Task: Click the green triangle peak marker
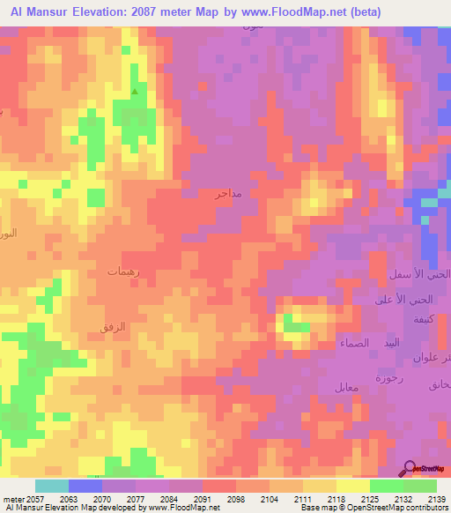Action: click(x=135, y=91)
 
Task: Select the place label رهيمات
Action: click(x=124, y=272)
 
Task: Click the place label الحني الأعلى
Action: click(x=410, y=300)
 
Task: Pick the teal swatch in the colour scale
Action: click(x=51, y=486)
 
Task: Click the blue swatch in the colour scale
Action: click(x=85, y=486)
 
